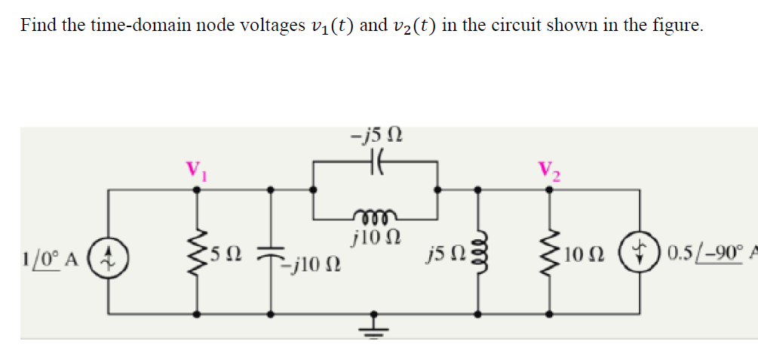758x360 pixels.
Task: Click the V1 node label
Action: point(198,168)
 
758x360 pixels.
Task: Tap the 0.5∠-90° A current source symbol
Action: point(641,252)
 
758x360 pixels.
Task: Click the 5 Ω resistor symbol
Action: point(198,251)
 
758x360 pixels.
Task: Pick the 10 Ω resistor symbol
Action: point(548,251)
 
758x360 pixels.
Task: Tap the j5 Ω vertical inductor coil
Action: point(477,251)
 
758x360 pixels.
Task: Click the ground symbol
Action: point(375,325)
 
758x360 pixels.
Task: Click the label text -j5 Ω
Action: point(376,137)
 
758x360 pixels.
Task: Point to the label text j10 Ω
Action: point(375,236)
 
